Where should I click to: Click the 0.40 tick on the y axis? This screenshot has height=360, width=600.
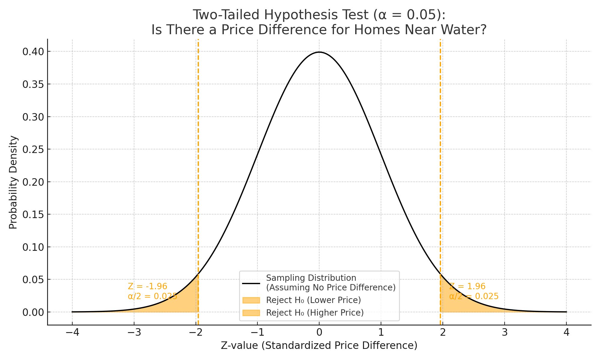click(34, 52)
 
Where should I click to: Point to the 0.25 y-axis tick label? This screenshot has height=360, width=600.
click(34, 149)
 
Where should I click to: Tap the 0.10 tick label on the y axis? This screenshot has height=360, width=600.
click(34, 247)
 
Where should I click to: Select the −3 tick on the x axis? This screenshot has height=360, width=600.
click(134, 333)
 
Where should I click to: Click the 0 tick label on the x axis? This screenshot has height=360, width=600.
click(319, 333)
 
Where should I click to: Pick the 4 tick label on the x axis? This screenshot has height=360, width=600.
click(566, 333)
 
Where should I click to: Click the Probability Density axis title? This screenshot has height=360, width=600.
click(13, 182)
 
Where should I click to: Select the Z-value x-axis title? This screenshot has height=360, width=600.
click(319, 346)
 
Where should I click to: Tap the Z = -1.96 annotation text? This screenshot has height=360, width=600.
click(147, 286)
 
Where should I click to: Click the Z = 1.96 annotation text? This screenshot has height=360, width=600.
click(467, 286)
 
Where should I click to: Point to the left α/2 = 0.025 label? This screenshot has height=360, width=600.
click(152, 296)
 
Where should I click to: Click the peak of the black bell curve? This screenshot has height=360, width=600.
click(319, 52)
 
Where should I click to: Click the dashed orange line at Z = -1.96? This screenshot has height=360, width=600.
click(198, 150)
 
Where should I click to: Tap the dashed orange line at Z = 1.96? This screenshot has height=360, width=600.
click(440, 150)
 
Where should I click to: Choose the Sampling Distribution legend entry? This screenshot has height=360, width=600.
click(330, 283)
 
